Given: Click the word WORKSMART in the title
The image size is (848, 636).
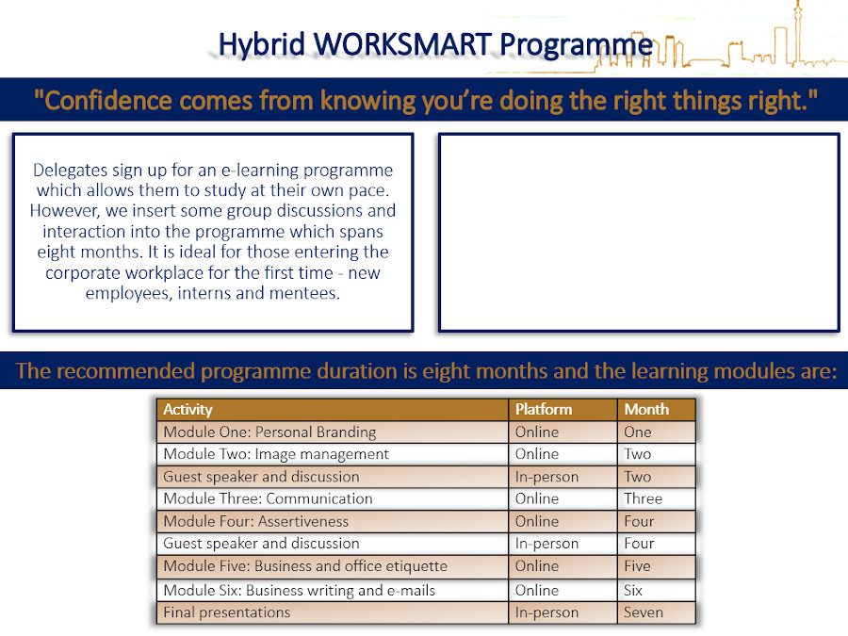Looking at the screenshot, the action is (402, 43).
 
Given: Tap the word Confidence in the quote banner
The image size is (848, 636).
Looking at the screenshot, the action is (107, 101).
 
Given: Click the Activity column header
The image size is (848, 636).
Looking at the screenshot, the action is (188, 410).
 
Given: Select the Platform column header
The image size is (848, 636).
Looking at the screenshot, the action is (544, 410).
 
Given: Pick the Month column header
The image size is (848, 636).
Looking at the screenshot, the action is (646, 410).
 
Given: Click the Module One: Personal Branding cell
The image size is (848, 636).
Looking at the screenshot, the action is (269, 432).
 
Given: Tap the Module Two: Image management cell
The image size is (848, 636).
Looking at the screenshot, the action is (276, 454).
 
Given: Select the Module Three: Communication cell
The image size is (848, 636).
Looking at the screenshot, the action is (268, 498).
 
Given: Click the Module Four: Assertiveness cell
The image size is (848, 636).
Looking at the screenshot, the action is (255, 521).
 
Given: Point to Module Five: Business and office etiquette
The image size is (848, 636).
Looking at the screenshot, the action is (305, 566).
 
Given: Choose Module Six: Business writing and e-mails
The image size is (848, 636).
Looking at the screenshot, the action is (299, 591).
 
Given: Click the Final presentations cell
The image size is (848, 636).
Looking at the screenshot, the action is (226, 612).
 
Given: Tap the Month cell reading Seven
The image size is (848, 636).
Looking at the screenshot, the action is (643, 612).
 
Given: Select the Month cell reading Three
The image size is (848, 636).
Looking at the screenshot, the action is (643, 498).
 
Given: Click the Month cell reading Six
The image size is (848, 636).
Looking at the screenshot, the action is (633, 590).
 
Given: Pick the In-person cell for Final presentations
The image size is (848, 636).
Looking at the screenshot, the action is (546, 612).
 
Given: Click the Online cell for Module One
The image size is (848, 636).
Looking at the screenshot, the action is (536, 432).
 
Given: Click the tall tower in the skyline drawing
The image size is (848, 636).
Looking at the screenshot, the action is (796, 32).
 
